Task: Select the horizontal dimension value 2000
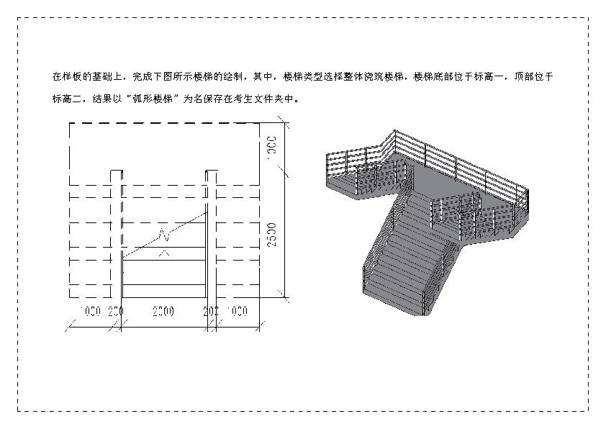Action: click(163, 311)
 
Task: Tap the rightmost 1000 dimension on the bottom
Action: click(237, 311)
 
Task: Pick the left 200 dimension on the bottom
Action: click(116, 311)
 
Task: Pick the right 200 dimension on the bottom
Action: click(211, 311)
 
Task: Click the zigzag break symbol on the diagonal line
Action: click(166, 233)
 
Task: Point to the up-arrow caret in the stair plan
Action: click(165, 252)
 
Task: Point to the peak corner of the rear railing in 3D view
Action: click(394, 132)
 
